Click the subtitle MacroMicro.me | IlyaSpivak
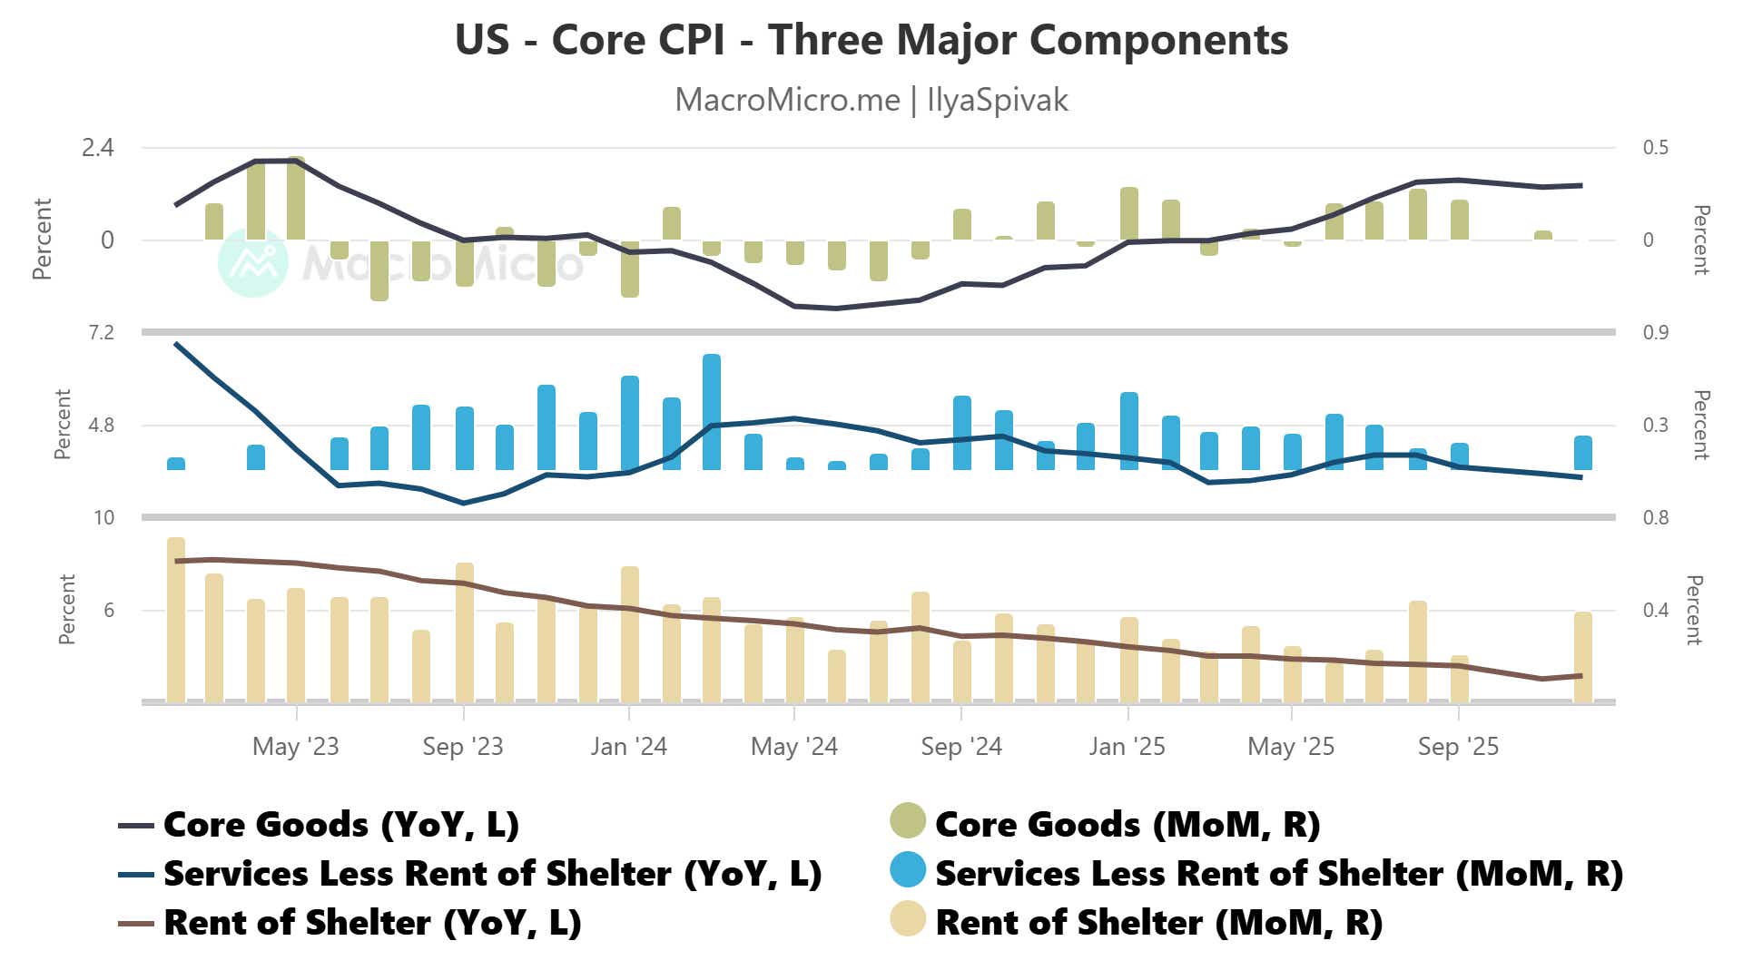click(871, 100)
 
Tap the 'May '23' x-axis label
click(295, 747)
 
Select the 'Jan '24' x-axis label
click(628, 747)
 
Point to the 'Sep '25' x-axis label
click(1458, 747)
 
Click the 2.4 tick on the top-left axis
click(98, 148)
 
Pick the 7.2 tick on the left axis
click(101, 333)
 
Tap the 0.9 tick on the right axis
click(1655, 333)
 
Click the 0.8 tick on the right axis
click(1655, 518)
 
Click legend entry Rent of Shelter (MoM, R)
click(1158, 923)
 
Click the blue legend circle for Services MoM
click(908, 870)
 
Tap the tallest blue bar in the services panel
click(712, 413)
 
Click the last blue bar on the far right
click(1582, 453)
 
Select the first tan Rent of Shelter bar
click(176, 621)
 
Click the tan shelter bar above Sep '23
click(464, 632)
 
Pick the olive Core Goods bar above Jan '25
click(1128, 214)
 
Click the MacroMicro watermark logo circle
click(253, 263)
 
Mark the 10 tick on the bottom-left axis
click(104, 518)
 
